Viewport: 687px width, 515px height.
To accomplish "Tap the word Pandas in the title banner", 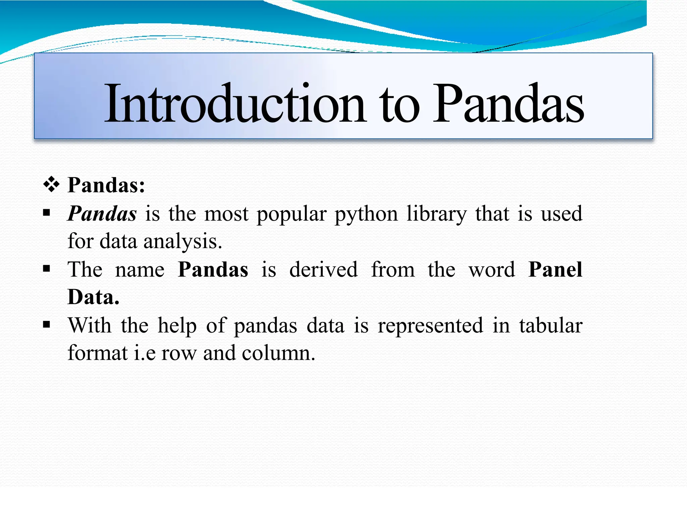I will click(x=509, y=104).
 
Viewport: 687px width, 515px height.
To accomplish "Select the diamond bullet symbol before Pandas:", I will click(x=51, y=185).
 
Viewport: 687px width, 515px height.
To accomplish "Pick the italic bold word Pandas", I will click(x=102, y=214).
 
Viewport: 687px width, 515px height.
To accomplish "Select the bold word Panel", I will click(x=555, y=269).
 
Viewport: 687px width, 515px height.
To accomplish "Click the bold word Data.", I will click(x=93, y=297).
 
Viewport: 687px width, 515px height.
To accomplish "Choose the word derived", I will click(x=323, y=269).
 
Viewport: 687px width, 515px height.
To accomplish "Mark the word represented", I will click(x=430, y=326).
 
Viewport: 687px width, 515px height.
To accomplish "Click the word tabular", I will click(x=551, y=325).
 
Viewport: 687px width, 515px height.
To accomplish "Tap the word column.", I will click(x=278, y=353).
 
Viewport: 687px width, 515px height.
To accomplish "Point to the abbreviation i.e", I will click(x=145, y=353).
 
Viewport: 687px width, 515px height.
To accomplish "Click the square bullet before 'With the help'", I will click(x=47, y=324).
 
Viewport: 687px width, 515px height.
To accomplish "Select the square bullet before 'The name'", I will click(x=47, y=268).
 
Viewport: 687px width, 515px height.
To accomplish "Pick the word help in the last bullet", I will click(x=177, y=326).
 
